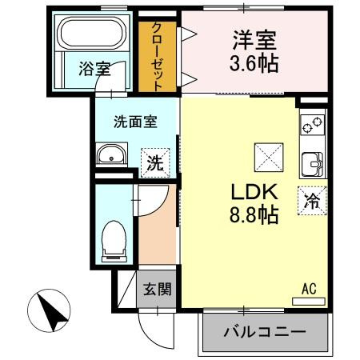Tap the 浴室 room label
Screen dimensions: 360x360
94,70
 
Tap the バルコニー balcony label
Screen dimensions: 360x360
265,331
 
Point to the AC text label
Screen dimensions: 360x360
310,289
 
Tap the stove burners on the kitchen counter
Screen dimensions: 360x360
311,126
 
